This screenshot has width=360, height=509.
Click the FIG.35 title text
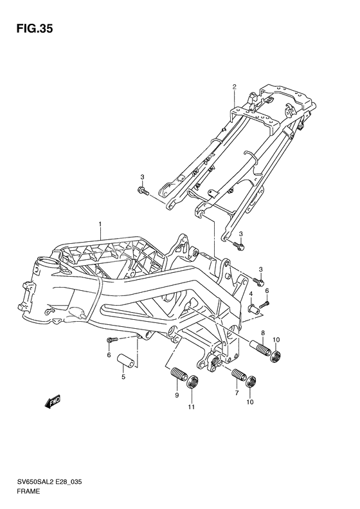[x=35, y=28]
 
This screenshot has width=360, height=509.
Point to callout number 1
[x=100, y=224]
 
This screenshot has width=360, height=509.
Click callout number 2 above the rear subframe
[x=235, y=87]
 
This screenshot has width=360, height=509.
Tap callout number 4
[x=251, y=294]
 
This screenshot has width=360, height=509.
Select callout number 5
[x=123, y=377]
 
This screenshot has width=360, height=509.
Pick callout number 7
[x=237, y=393]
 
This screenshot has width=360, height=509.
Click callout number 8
[x=263, y=333]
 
